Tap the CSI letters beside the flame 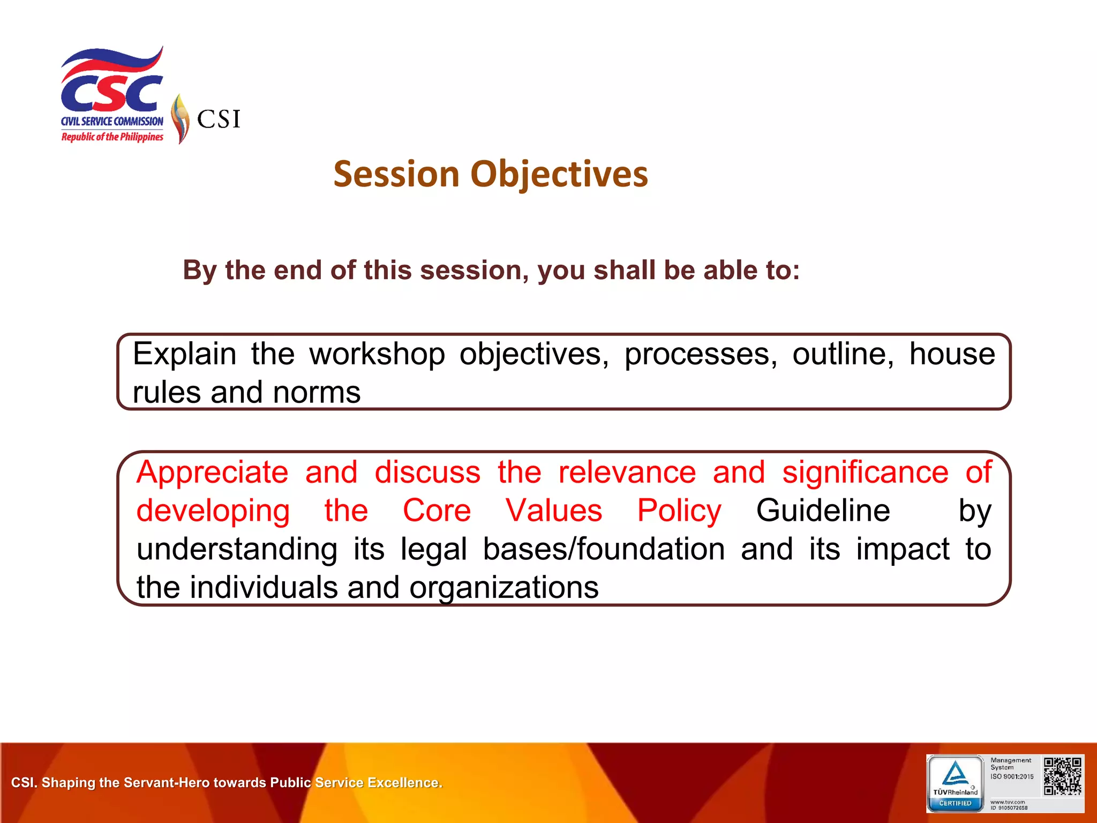pos(219,119)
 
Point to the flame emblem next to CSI pos(181,119)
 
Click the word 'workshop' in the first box pos(377,354)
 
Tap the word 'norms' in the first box pos(317,392)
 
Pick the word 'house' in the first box pos(952,354)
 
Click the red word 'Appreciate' pos(212,472)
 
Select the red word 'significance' pos(865,472)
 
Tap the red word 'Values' pos(554,510)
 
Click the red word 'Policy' pos(679,510)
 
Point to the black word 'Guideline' pos(823,510)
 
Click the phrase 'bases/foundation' pos(604,549)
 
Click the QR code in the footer pos(1062,776)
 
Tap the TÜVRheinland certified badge pos(956,783)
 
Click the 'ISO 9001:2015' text pos(1012,776)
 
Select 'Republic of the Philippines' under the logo pos(112,137)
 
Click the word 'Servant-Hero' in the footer pos(168,783)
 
